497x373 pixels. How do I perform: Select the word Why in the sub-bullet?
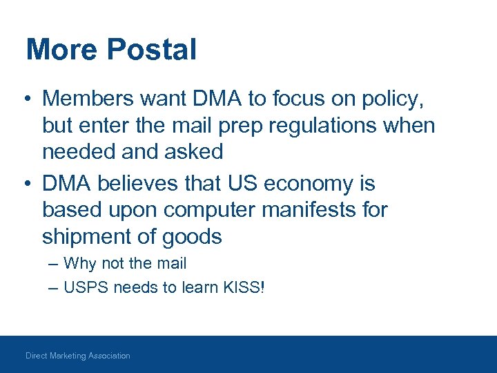[x=77, y=264]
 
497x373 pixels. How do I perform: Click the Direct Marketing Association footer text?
[x=78, y=356]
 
